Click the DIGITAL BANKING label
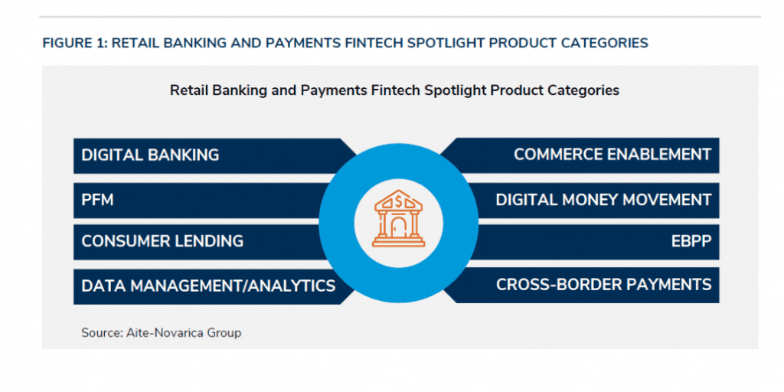(150, 155)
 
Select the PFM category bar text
(97, 200)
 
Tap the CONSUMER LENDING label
(162, 241)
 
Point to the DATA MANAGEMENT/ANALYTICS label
(208, 286)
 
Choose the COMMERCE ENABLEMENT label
(612, 155)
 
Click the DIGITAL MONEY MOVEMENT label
(603, 200)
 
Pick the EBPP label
(691, 241)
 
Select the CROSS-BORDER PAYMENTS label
(603, 285)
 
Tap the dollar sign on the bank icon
(399, 201)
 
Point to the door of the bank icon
(399, 229)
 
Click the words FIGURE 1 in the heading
(74, 43)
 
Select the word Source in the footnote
(99, 332)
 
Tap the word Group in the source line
(228, 333)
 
